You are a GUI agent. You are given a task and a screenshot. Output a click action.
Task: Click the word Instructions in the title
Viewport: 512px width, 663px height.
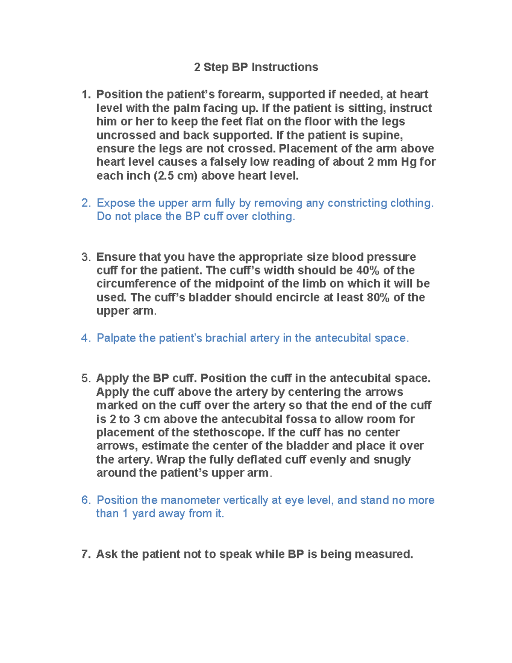tap(285, 67)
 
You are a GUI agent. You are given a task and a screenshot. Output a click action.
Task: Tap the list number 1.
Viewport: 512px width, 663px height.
tap(85, 94)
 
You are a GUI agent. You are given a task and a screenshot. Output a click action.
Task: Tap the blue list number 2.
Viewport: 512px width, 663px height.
tap(85, 203)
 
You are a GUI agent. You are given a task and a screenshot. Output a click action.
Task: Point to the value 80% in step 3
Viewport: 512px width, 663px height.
tap(378, 298)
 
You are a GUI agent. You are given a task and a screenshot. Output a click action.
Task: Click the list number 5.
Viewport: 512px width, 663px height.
tap(85, 379)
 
